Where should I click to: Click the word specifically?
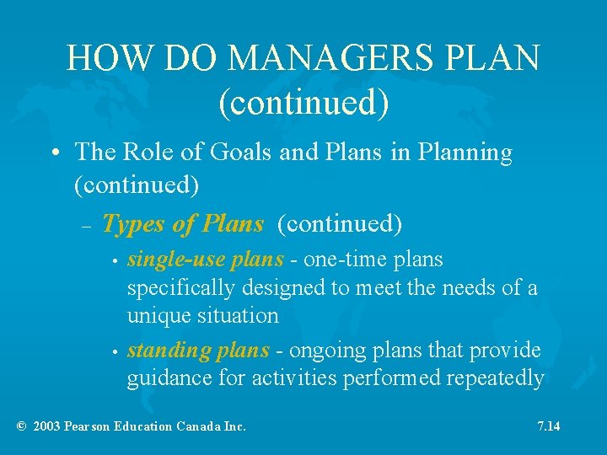tap(181, 288)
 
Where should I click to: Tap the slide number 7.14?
tap(549, 426)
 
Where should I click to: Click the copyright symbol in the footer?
tap(22, 426)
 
